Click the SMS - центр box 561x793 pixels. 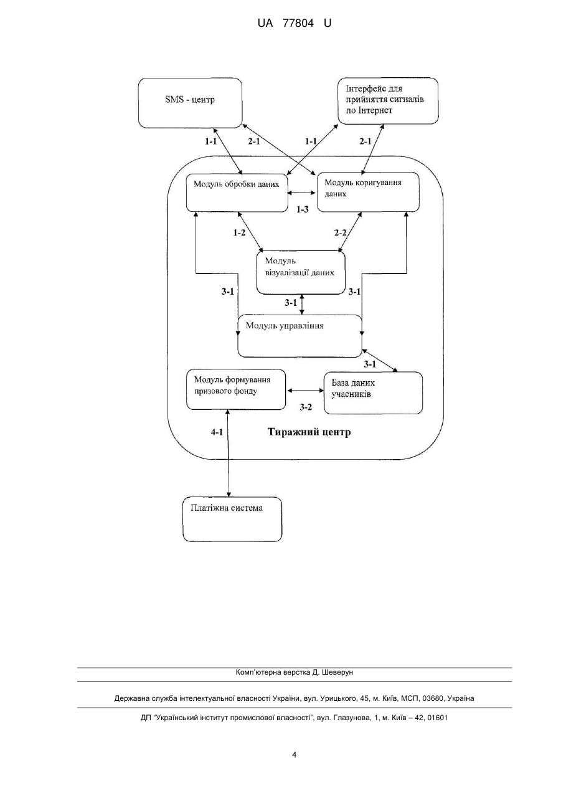190,103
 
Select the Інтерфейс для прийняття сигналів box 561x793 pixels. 388,101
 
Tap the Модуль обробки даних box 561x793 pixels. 237,193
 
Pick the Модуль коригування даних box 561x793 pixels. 368,192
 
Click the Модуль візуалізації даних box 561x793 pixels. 301,273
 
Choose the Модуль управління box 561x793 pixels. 299,336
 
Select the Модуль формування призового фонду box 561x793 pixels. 236,390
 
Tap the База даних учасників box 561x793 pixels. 374,393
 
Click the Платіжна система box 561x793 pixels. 232,520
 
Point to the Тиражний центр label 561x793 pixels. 309,432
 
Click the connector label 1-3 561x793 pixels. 302,209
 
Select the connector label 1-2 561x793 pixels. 239,233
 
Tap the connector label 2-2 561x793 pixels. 340,233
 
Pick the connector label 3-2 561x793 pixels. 306,407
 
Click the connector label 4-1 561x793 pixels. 217,432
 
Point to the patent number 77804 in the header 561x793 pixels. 298,24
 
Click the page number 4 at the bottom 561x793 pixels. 294,755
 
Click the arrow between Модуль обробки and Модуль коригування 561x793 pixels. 302,193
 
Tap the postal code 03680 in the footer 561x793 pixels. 433,698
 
